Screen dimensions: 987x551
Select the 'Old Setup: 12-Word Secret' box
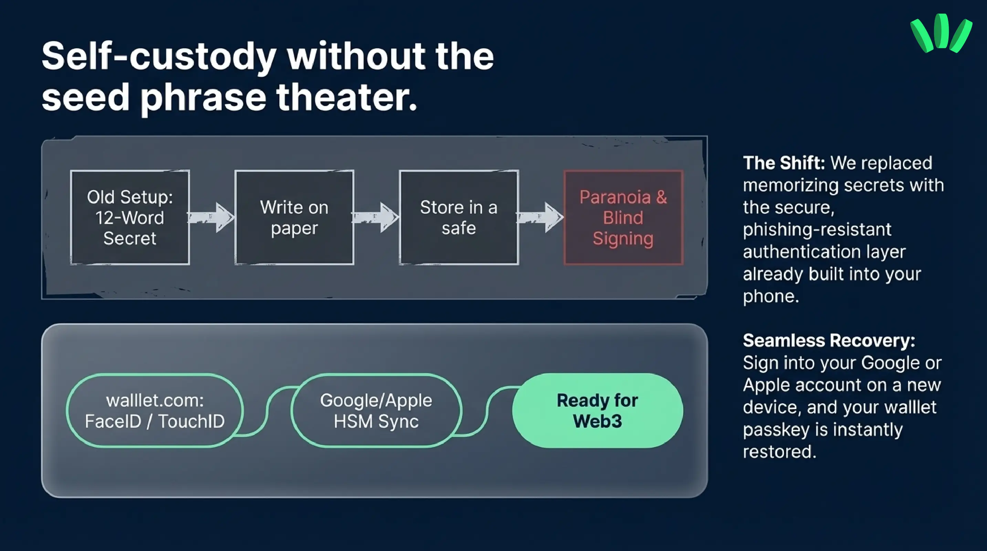coord(130,217)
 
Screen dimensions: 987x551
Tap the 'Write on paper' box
coord(294,217)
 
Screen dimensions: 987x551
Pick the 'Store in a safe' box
coord(459,217)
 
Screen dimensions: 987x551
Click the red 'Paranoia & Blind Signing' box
coord(623,217)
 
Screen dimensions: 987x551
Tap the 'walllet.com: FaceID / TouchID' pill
coord(155,410)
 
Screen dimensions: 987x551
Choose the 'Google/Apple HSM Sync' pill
coord(376,410)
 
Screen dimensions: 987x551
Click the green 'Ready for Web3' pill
coord(598,410)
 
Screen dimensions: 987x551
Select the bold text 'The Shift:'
coord(784,163)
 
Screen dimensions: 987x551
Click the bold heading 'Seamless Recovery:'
coord(829,340)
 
